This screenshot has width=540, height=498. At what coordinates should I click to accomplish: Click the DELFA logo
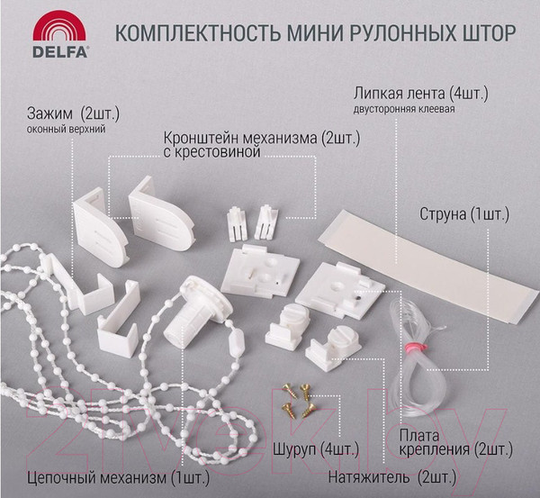pos(60,38)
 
